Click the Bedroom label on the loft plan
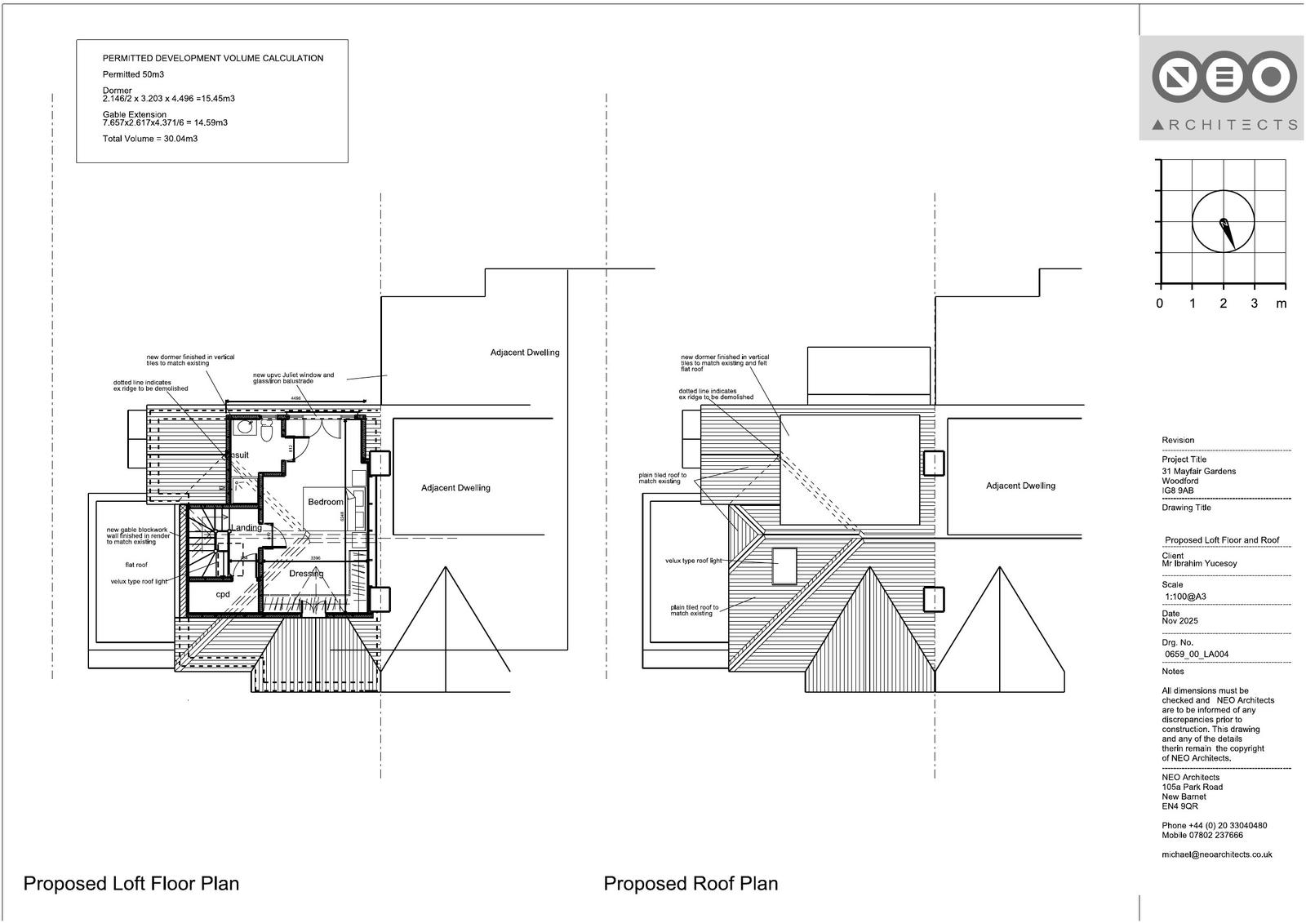click(325, 502)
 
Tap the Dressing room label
click(306, 574)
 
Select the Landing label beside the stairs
click(246, 528)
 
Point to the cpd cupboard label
click(223, 594)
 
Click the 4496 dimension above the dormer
click(295, 398)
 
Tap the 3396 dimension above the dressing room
click(316, 558)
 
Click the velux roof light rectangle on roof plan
click(784, 566)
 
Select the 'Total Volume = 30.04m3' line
click(150, 139)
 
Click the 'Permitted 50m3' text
click(133, 74)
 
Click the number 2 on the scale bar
click(1223, 304)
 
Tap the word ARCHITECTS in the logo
click(1224, 125)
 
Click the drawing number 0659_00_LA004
click(1196, 654)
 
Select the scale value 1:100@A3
click(1185, 597)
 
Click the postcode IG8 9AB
click(1178, 490)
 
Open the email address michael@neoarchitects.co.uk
click(1216, 854)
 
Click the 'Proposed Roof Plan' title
click(691, 883)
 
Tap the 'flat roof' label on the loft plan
click(136, 565)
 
